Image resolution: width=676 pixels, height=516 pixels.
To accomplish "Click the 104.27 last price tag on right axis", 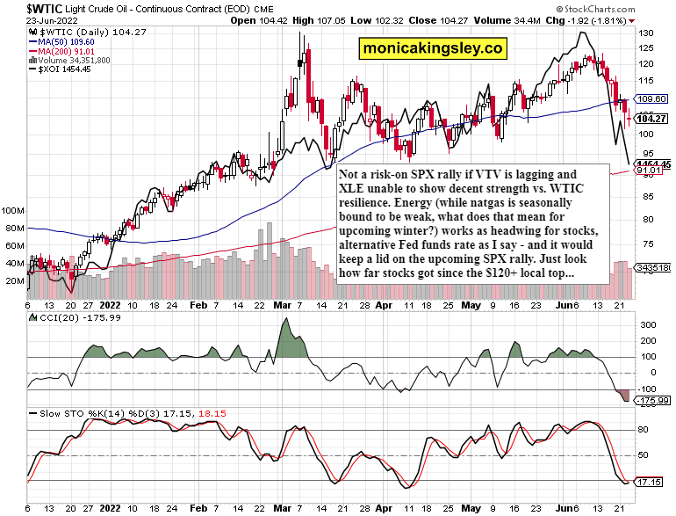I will (x=652, y=119).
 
